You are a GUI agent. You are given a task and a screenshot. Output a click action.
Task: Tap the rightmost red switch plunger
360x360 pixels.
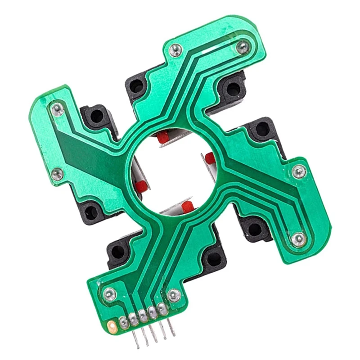[210, 158]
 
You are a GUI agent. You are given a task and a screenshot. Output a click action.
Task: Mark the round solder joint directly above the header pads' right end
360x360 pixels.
[174, 295]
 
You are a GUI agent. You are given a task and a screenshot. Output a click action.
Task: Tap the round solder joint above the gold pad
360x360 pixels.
[109, 295]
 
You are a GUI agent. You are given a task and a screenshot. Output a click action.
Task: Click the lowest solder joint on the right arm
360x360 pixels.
[298, 239]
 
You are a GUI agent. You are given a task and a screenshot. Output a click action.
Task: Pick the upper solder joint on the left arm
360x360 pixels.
[57, 108]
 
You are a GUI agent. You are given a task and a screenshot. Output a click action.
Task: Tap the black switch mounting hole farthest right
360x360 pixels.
[262, 130]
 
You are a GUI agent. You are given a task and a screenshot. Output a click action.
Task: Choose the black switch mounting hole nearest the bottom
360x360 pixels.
[214, 258]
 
